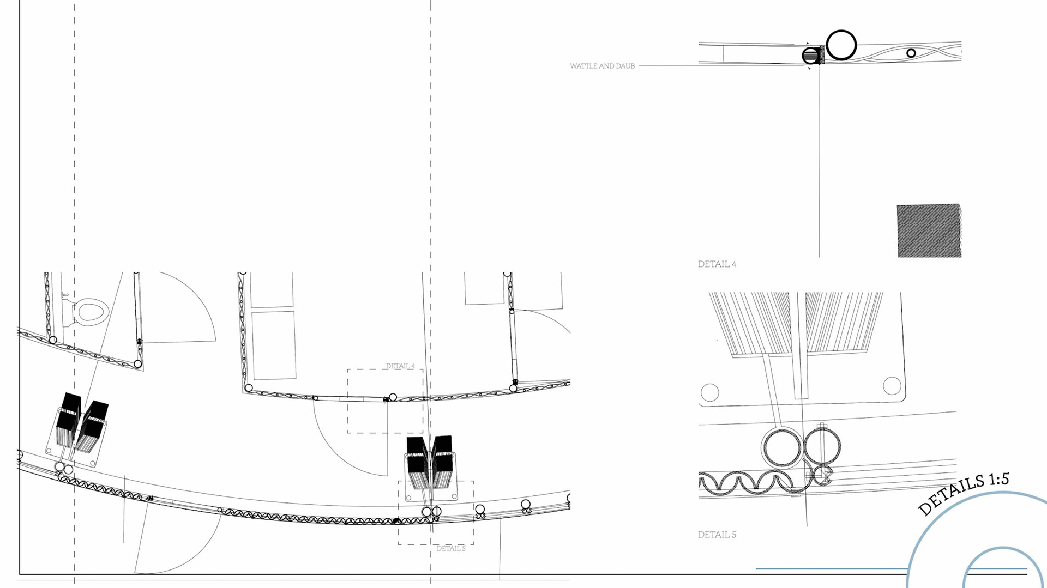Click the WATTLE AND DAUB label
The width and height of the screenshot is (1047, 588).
tap(602, 66)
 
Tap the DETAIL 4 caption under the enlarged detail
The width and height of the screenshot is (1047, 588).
tap(717, 264)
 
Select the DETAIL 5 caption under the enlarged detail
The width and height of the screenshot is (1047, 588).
tap(717, 535)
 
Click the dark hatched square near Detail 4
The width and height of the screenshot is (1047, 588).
tap(928, 231)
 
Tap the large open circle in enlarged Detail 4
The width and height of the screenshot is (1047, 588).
tap(841, 45)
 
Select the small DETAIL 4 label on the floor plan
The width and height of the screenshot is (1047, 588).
tap(400, 366)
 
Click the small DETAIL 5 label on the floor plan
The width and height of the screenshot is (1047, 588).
tap(451, 549)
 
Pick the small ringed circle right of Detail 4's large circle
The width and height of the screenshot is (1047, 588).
tap(911, 53)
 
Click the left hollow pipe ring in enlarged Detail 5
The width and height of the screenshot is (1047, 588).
tap(782, 447)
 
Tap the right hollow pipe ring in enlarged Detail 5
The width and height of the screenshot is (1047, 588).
tap(822, 446)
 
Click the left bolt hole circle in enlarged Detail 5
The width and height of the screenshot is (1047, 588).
tap(709, 392)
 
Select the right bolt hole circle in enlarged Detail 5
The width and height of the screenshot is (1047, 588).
tap(892, 386)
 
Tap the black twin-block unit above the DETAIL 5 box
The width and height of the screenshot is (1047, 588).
tap(430, 462)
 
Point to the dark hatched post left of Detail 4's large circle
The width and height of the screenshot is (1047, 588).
tap(812, 56)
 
